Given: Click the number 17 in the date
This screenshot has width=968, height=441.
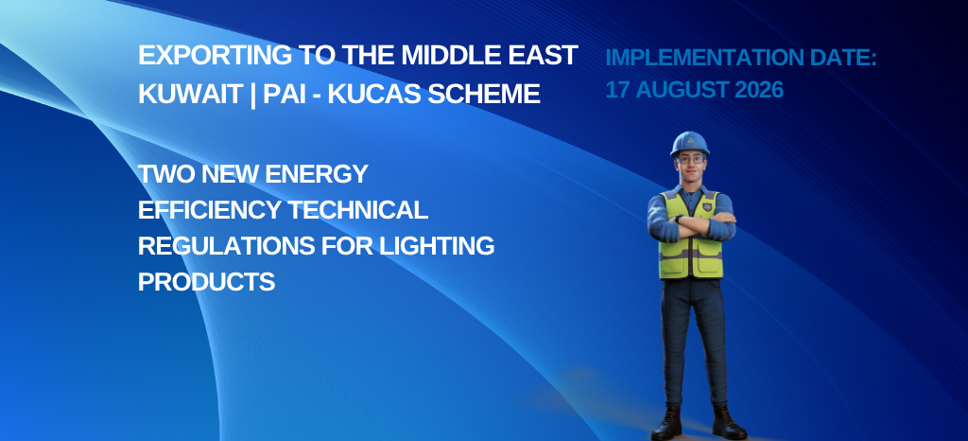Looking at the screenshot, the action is coord(617,90).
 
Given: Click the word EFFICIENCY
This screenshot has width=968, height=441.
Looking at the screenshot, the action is coord(209,210).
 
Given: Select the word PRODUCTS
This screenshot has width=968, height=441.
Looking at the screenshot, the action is coord(207,282).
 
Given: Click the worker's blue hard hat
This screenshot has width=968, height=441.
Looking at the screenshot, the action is coord(689,143).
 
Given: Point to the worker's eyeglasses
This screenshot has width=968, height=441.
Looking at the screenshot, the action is coord(689,159).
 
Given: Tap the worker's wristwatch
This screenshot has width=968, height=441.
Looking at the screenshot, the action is coord(678,219).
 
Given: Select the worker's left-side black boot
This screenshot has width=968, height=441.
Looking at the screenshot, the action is coord(666,423).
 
